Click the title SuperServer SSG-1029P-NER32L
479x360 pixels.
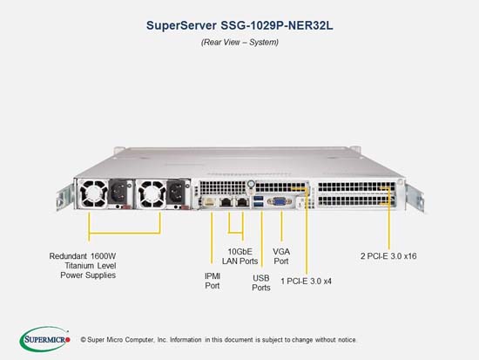click(239, 25)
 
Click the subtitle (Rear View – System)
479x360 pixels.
click(239, 42)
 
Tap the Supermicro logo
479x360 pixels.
click(45, 339)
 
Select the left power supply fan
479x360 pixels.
click(92, 194)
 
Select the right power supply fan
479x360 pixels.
click(152, 194)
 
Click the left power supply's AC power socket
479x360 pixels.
click(118, 192)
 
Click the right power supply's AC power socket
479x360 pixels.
click(176, 192)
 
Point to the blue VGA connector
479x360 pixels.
click(280, 201)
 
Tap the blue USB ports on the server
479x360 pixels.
click(258, 202)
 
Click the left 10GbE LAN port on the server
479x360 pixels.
click(226, 202)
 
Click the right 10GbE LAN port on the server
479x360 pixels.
click(242, 202)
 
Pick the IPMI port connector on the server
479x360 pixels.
click(209, 202)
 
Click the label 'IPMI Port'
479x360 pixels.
click(213, 281)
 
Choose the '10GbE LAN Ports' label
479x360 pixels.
click(239, 256)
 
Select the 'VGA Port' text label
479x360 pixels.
click(281, 256)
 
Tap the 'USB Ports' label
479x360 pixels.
click(261, 282)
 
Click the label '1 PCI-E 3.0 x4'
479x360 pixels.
click(306, 281)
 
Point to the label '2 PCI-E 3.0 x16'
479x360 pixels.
click(388, 256)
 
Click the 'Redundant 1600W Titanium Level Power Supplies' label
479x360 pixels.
click(83, 266)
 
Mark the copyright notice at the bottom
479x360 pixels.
click(219, 339)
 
